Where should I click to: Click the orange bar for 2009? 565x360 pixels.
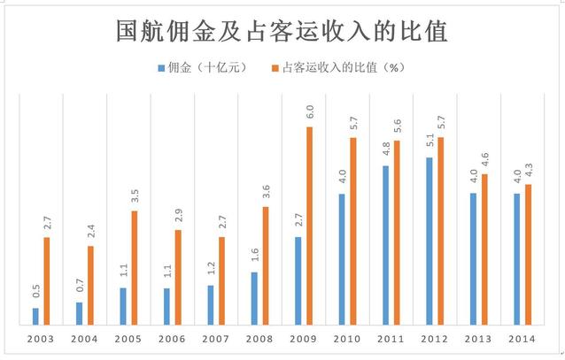[x=310, y=226]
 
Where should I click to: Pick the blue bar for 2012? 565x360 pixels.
[x=429, y=241]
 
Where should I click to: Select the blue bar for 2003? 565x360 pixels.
[x=35, y=316]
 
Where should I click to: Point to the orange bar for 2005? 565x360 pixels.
[x=135, y=267]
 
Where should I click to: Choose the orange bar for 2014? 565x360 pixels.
[x=528, y=254]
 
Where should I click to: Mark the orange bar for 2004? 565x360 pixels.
[x=90, y=285]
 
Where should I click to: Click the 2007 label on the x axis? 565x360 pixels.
[x=215, y=339]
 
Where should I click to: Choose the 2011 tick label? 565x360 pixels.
[x=391, y=339]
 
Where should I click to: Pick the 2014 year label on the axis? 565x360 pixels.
[x=522, y=339]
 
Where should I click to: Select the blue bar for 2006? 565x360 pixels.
[x=166, y=305]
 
